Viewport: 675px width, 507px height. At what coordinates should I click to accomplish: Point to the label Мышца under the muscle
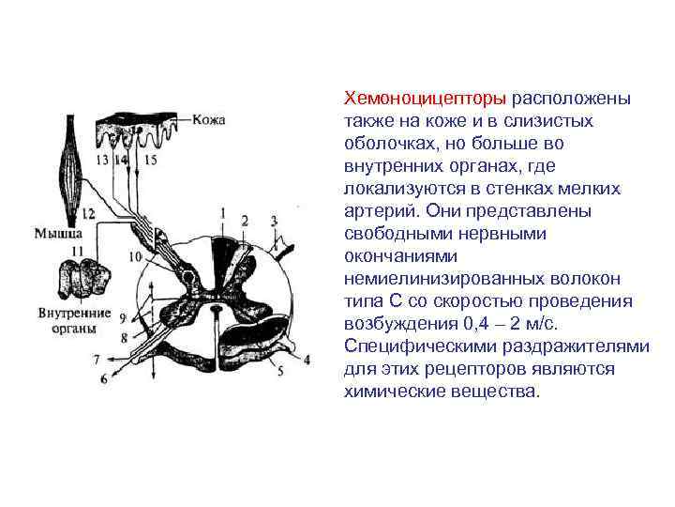pos(57,230)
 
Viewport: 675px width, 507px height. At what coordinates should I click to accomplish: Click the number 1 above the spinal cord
pos(222,212)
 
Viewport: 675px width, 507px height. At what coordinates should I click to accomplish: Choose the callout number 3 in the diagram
pos(275,221)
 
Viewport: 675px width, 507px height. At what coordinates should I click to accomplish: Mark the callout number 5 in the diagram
pos(280,371)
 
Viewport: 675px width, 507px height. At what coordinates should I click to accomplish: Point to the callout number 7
pos(96,359)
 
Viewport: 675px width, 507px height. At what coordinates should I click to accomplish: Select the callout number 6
pos(103,379)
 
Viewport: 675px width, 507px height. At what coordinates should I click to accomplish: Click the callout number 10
pos(135,255)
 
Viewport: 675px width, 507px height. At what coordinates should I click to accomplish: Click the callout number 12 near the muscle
pos(88,214)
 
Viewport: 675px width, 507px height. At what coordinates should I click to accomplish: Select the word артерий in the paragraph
pos(373,211)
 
